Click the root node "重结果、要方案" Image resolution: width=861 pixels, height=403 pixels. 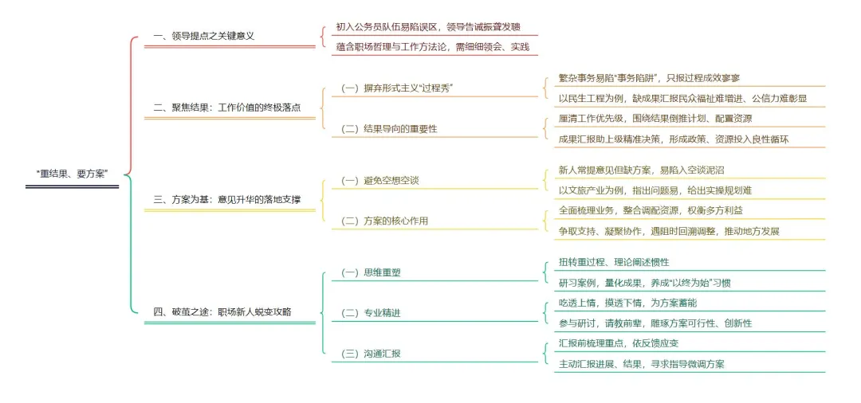tap(72, 174)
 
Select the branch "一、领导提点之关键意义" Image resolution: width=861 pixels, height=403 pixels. tap(203, 37)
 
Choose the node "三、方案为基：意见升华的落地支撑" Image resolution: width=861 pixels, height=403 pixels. tap(226, 200)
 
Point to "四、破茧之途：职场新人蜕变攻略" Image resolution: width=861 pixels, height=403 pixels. tap(222, 312)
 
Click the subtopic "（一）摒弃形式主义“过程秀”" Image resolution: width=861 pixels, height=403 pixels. tap(397, 88)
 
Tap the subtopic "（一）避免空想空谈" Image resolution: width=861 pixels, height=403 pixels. tap(379, 180)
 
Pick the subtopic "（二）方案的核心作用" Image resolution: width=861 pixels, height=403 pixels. tap(383, 221)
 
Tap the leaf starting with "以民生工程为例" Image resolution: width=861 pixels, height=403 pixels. tap(683, 99)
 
